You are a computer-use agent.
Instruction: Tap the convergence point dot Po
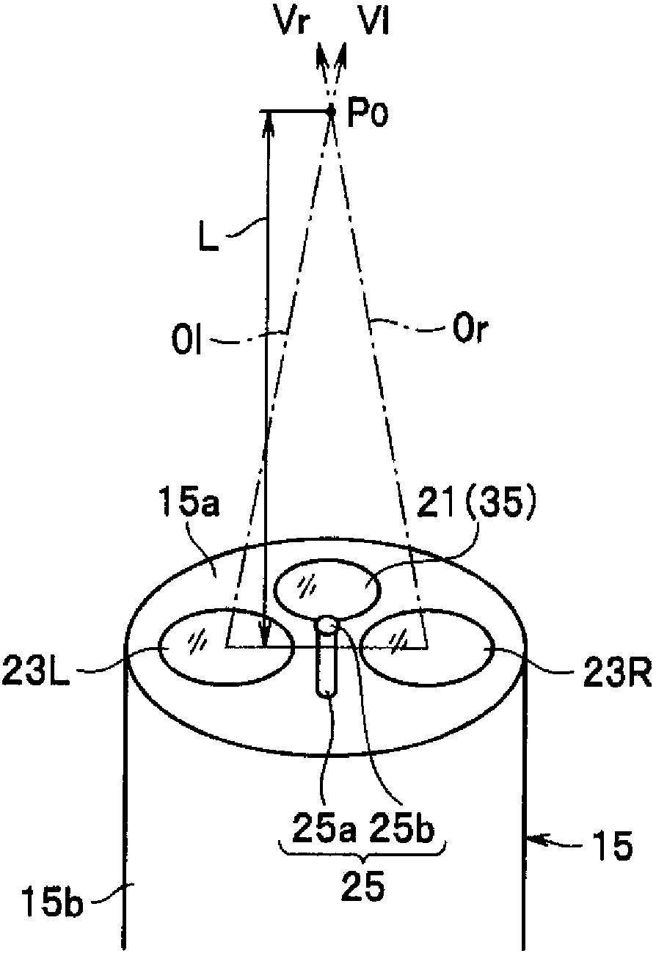pos(330,111)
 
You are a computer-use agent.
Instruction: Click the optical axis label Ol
pos(186,341)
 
